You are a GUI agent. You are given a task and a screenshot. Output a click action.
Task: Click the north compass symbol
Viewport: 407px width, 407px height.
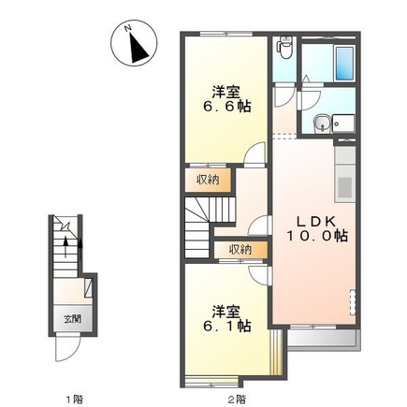[x=134, y=43]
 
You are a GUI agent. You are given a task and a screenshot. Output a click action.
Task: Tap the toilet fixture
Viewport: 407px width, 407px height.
[x=285, y=47]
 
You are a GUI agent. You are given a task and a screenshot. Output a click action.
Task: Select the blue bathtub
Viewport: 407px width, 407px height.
[x=344, y=63]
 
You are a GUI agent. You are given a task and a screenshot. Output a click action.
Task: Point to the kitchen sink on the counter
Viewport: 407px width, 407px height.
[x=345, y=187]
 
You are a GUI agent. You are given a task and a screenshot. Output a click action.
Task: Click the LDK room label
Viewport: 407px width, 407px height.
[x=316, y=222]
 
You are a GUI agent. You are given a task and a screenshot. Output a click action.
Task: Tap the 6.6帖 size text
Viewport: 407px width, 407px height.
[x=226, y=107]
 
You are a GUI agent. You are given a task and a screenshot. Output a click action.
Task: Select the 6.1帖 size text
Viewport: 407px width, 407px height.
[x=226, y=327]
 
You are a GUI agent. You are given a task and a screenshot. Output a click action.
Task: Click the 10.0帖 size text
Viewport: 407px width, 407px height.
[x=317, y=236]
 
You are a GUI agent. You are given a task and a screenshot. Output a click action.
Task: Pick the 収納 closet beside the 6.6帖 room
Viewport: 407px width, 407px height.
[x=208, y=180]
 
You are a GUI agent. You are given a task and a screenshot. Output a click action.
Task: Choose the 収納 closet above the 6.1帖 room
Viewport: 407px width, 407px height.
[x=240, y=250]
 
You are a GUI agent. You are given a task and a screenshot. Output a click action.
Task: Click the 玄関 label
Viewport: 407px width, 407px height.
[x=73, y=319]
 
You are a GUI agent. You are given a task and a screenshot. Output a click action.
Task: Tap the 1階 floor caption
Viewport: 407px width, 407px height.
[x=74, y=399]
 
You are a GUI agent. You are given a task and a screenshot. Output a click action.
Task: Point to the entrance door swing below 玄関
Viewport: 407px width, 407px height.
[x=68, y=349]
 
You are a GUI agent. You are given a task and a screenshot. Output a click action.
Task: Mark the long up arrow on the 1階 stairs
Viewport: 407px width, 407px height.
[x=65, y=247]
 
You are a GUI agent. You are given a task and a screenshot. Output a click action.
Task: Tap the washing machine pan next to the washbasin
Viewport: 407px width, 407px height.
[x=343, y=124]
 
